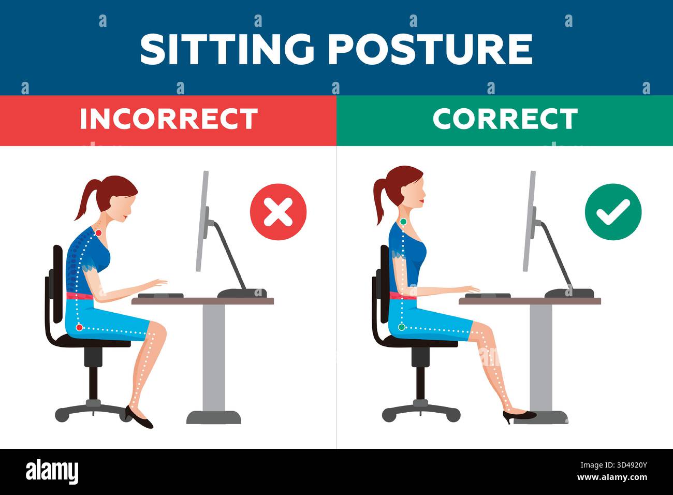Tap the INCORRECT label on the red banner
(x=168, y=119)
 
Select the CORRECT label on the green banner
(x=505, y=119)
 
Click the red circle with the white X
(x=278, y=212)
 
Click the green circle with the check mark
(x=613, y=212)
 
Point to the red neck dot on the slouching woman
(x=98, y=233)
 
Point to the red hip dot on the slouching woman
(x=79, y=327)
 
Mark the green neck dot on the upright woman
(x=403, y=222)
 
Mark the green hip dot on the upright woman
(x=402, y=327)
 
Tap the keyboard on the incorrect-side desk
(x=160, y=295)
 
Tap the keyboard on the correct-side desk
(x=487, y=295)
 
